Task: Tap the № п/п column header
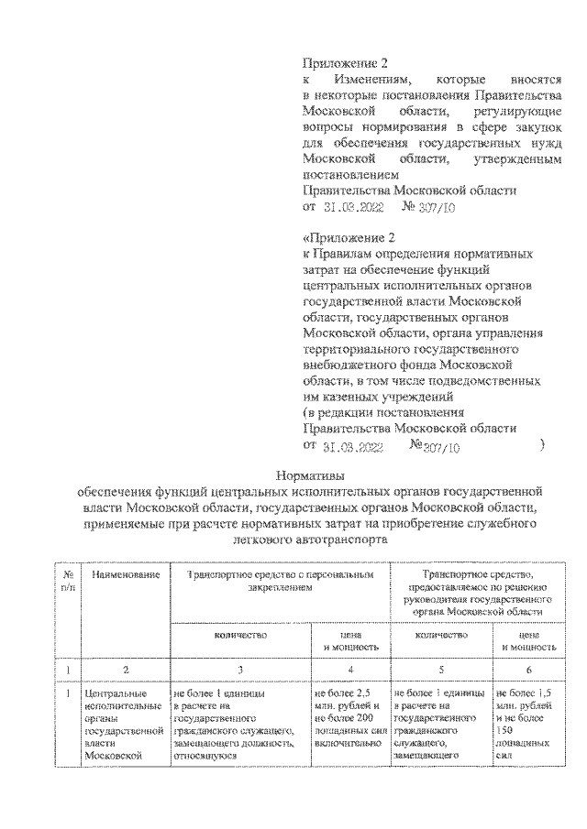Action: coord(66,579)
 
